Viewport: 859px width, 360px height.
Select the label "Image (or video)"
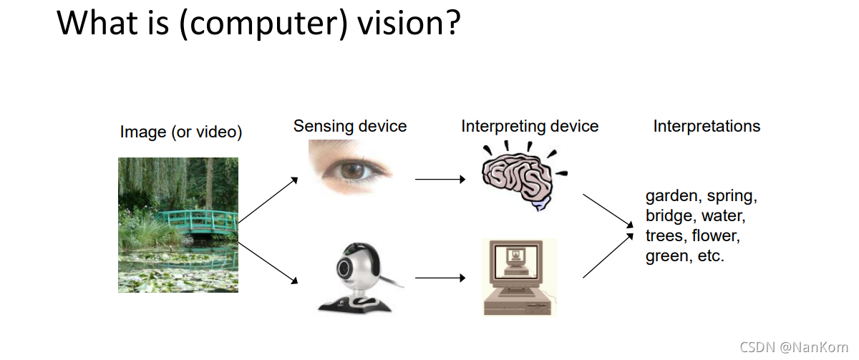pyautogui.click(x=181, y=132)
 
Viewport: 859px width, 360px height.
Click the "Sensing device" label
pyautogui.click(x=349, y=127)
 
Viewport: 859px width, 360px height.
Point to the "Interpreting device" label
pyautogui.click(x=530, y=127)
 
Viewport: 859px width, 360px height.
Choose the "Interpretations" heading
pyautogui.click(x=707, y=127)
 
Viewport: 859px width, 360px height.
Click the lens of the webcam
pyautogui.click(x=346, y=269)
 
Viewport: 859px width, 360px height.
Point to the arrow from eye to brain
pyautogui.click(x=440, y=180)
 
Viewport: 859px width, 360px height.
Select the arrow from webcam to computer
pyautogui.click(x=440, y=278)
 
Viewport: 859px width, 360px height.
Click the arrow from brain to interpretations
pyautogui.click(x=608, y=210)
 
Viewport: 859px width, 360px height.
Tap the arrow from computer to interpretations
pyautogui.click(x=608, y=254)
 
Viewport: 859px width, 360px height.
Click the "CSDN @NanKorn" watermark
pyautogui.click(x=793, y=347)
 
